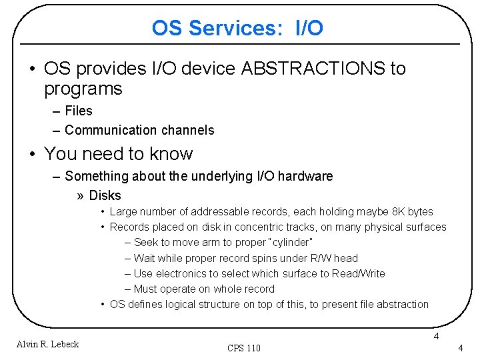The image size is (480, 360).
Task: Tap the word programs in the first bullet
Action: coord(83,89)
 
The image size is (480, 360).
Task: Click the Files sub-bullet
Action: coord(79,111)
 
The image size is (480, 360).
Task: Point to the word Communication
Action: coord(111,130)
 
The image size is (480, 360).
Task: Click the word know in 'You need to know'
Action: coord(171,154)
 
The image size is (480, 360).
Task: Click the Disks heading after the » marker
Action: coord(105,195)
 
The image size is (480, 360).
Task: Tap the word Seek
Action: coord(146,243)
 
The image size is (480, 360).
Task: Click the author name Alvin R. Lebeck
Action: coord(48,344)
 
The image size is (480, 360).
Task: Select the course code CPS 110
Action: coord(244,348)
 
